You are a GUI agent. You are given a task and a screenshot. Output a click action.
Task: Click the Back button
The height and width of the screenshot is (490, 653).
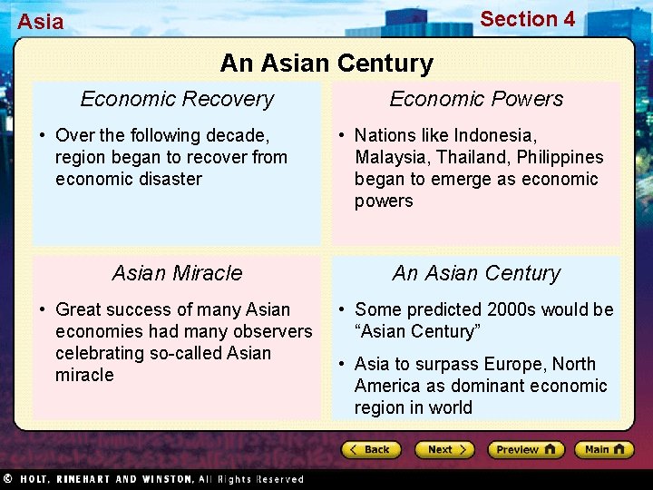pyautogui.click(x=371, y=449)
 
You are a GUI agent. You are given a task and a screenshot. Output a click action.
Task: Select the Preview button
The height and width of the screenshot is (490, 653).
pyautogui.click(x=525, y=449)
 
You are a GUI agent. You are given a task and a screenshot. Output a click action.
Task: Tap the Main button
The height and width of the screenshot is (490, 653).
pyautogui.click(x=604, y=449)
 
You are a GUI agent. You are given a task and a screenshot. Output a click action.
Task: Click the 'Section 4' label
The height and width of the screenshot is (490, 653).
pyautogui.click(x=527, y=19)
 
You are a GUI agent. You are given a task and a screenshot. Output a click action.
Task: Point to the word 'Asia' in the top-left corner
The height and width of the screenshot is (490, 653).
pyautogui.click(x=41, y=22)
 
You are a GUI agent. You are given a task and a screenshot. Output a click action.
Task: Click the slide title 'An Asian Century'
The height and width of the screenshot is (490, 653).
pyautogui.click(x=326, y=64)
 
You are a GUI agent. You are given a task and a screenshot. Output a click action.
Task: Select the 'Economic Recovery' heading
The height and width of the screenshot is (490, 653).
pyautogui.click(x=177, y=99)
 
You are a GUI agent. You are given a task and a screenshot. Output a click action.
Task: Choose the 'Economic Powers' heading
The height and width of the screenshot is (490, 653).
pyautogui.click(x=476, y=99)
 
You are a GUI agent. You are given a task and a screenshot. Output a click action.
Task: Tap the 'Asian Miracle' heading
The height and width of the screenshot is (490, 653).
pyautogui.click(x=177, y=273)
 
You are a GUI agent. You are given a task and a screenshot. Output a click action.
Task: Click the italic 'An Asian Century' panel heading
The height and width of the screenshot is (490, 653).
pyautogui.click(x=476, y=273)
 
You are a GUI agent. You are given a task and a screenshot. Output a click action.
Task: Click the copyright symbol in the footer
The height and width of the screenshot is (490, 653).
pyautogui.click(x=7, y=478)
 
